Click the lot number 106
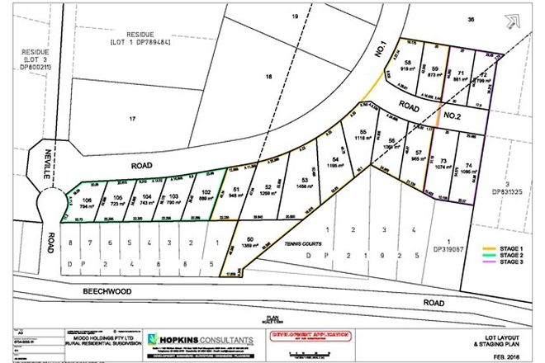click(87, 199)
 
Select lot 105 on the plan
click(118, 197)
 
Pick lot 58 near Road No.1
click(408, 63)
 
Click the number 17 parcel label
click(132, 120)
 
